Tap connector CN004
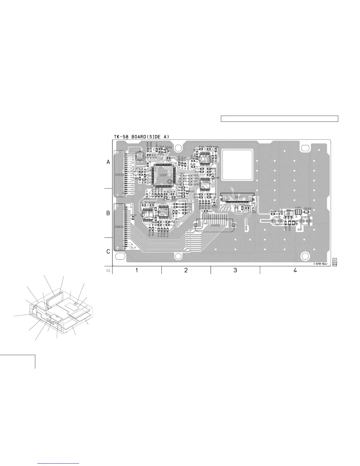pyautogui.click(x=119, y=227)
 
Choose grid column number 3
pyautogui.click(x=235, y=270)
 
